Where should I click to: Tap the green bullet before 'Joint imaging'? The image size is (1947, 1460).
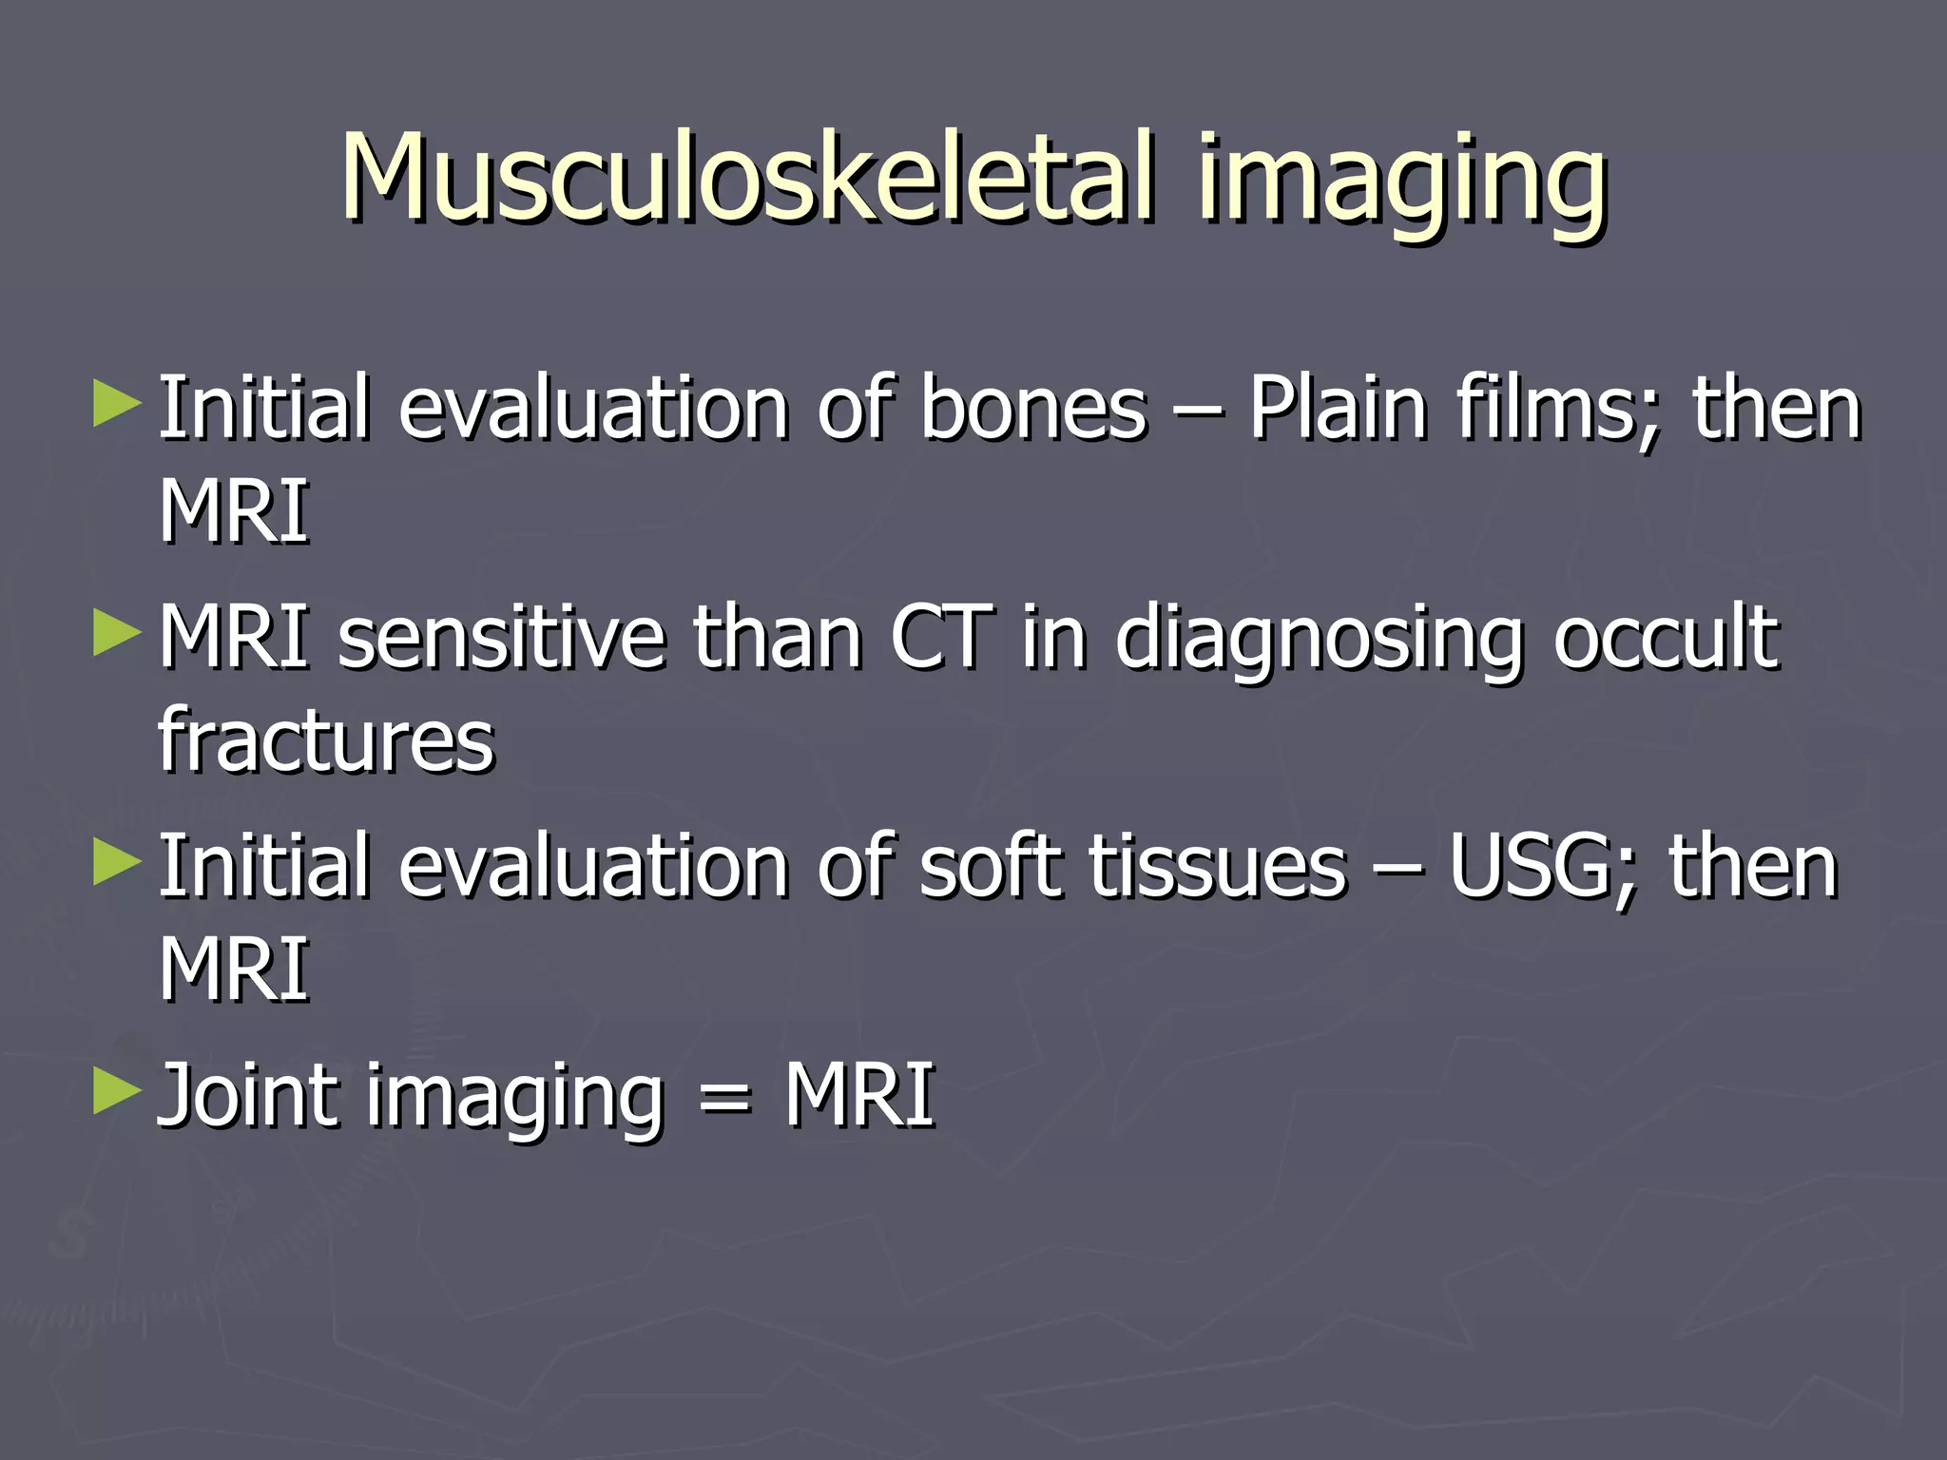pos(117,1092)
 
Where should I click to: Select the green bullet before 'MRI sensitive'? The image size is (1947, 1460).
pos(117,634)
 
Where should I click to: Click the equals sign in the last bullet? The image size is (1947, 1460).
pos(724,1101)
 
